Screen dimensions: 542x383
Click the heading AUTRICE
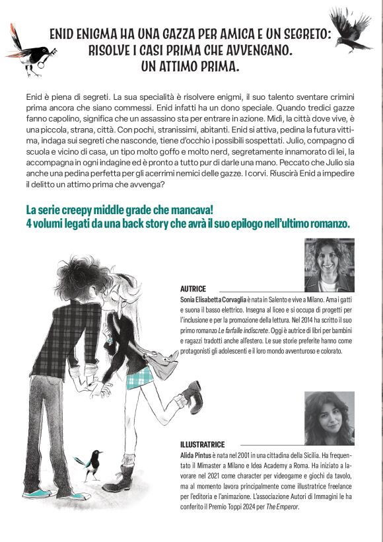(x=193, y=290)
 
